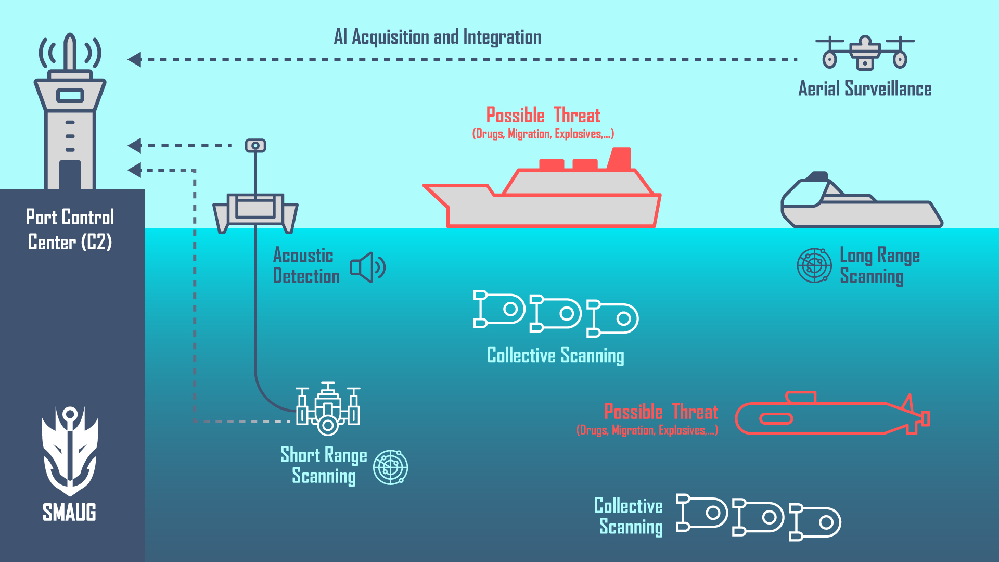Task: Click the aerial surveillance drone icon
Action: tap(865, 53)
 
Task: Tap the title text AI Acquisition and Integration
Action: tap(437, 37)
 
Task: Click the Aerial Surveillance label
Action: tap(865, 89)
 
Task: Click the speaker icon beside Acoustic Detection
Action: tap(367, 267)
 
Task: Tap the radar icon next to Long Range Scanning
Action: tap(814, 265)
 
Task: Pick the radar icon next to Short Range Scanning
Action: tap(390, 467)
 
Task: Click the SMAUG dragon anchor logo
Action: tap(70, 450)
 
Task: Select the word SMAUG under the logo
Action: tap(69, 513)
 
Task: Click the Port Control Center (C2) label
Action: tap(70, 229)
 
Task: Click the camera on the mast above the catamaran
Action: tap(255, 146)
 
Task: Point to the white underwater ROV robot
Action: tap(328, 411)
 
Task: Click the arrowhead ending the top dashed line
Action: tap(134, 59)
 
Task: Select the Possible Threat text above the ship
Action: tap(543, 116)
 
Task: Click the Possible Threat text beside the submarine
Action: tap(661, 412)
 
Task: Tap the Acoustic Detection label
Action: tap(306, 266)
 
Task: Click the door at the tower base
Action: tap(70, 175)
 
